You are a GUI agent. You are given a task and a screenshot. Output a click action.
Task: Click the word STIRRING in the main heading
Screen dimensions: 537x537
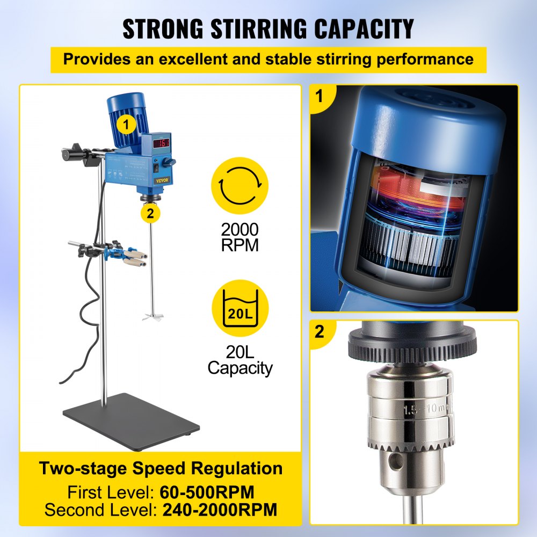tap(259, 28)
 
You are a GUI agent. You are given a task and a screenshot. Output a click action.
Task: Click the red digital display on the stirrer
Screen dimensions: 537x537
tap(161, 143)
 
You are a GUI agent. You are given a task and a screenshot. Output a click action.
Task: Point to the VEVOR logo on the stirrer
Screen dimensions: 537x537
tap(162, 180)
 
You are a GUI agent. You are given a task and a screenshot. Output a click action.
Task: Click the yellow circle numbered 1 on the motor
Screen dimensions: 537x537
tap(127, 125)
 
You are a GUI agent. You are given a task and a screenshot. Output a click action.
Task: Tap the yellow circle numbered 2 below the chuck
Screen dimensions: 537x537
tap(150, 213)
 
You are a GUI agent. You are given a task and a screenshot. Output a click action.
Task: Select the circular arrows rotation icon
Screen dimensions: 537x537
tap(240, 186)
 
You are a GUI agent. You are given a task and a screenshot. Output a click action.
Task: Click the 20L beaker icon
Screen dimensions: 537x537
tap(240, 308)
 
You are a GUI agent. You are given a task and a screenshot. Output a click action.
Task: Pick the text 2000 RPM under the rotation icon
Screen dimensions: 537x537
tap(240, 237)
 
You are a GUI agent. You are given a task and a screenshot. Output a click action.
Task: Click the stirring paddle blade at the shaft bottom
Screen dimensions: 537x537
tap(153, 317)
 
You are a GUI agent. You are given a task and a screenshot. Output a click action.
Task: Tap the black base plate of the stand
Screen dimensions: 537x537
tap(131, 422)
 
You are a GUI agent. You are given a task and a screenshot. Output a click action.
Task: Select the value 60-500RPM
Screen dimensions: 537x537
tap(207, 492)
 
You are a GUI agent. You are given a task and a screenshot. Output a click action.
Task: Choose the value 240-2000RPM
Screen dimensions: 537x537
tap(220, 510)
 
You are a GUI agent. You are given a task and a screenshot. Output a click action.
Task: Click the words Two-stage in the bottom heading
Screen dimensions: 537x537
tap(83, 468)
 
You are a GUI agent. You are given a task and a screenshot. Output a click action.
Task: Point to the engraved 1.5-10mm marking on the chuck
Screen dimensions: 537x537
tap(427, 409)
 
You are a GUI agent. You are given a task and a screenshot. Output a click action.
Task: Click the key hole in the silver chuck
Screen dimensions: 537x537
tap(397, 461)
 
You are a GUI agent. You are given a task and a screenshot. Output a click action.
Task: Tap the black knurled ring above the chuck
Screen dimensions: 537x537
tap(412, 345)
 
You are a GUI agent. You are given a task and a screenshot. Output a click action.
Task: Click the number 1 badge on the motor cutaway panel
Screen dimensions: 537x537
tap(319, 96)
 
